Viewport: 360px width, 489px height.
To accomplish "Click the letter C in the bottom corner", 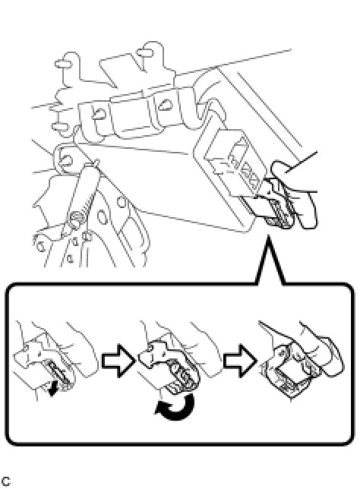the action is (5, 481).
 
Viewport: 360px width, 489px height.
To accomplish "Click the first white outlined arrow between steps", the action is (118, 361).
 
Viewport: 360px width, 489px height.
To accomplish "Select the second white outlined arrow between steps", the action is (240, 361).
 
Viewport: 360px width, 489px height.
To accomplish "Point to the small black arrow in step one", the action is (54, 389).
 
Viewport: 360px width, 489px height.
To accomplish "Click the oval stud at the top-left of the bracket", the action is (64, 64).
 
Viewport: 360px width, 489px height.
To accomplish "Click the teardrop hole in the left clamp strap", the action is (99, 113).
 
